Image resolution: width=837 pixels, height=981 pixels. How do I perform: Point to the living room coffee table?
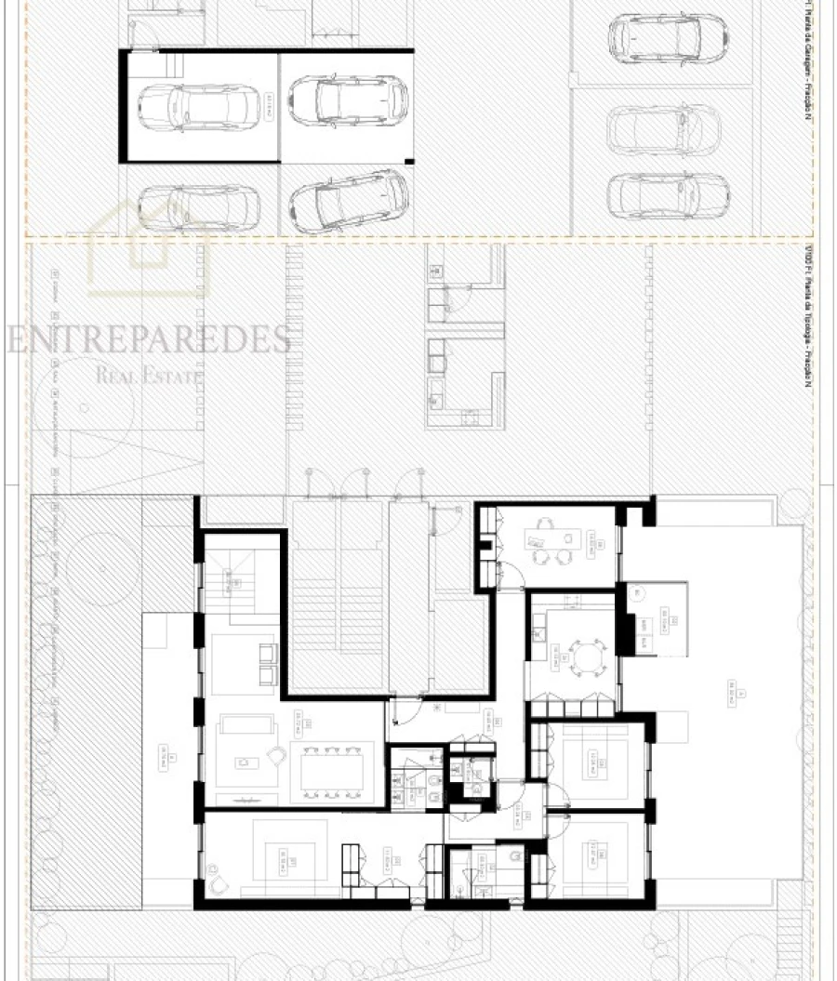245,763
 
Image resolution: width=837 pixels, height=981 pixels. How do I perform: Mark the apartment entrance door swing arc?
401,712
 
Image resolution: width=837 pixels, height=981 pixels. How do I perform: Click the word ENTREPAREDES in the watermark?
149,339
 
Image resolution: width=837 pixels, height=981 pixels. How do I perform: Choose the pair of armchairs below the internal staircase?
264,664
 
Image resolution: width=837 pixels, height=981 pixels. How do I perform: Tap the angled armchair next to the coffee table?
277,755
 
